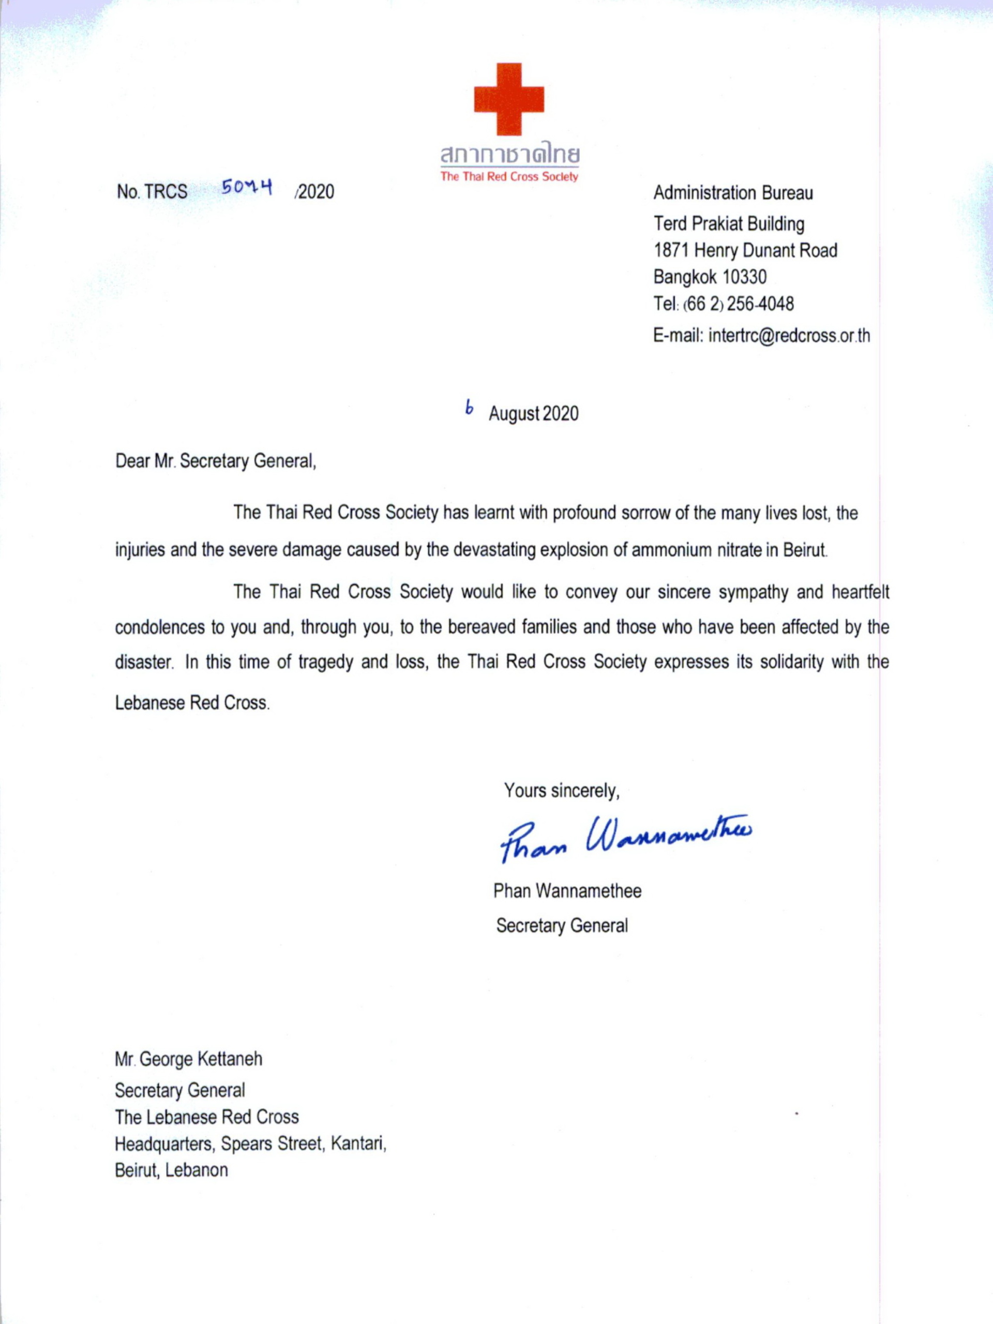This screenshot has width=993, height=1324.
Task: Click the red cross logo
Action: pos(509,99)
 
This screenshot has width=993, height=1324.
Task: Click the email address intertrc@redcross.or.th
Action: pos(789,336)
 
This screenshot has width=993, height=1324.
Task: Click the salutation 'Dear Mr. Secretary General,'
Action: pos(216,461)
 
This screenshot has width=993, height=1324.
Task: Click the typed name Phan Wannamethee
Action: pos(567,891)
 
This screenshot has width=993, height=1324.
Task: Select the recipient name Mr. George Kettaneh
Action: pos(189,1059)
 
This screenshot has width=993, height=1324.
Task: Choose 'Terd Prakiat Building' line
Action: pos(728,224)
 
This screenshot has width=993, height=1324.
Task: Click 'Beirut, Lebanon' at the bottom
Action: pos(171,1170)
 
